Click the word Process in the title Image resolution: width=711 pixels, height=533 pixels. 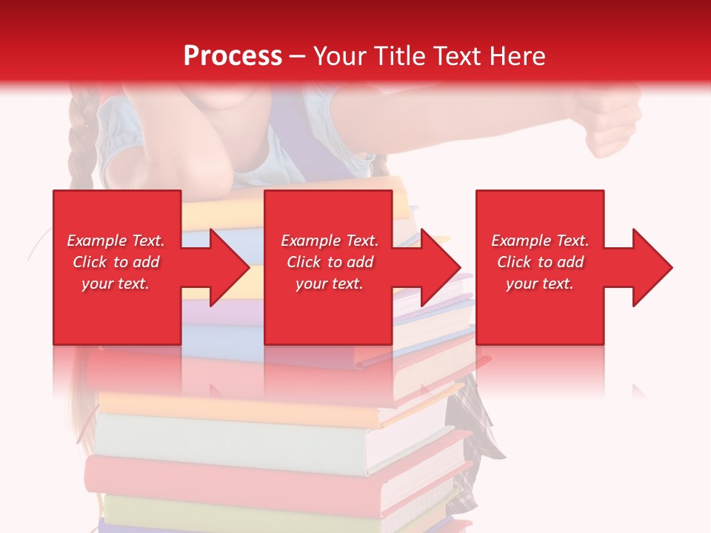(233, 56)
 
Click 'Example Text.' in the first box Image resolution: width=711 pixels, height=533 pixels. (116, 241)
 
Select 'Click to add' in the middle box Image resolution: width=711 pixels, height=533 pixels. (330, 262)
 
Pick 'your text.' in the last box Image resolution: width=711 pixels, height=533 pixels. (539, 284)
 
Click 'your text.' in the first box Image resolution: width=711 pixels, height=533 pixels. (116, 284)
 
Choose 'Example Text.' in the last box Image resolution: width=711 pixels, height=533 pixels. (539, 241)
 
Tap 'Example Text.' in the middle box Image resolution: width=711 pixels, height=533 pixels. (330, 241)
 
